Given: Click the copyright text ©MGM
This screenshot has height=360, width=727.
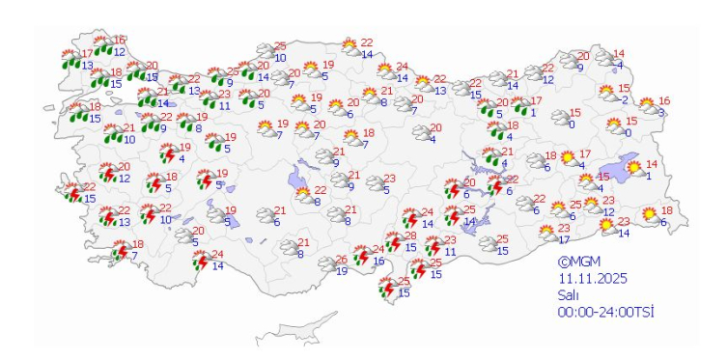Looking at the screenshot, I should click(578, 261).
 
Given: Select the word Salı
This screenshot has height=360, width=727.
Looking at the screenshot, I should click(569, 294).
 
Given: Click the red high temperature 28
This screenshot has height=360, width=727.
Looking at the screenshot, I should click(409, 236).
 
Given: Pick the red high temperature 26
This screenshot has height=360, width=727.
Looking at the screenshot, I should click(341, 260).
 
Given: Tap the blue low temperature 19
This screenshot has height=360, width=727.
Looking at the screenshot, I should click(341, 271).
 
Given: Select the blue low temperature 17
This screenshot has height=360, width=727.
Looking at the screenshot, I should click(564, 239).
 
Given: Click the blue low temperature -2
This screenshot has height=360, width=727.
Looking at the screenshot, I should click(625, 99).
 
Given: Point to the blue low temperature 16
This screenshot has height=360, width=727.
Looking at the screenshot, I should click(378, 262).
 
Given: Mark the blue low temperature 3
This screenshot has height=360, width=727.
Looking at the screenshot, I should click(662, 112).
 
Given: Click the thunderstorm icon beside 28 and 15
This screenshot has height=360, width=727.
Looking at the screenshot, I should click(394, 241).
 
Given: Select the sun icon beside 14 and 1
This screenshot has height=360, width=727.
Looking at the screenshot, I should click(634, 170).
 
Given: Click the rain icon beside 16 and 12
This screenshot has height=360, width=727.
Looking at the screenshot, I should click(103, 46).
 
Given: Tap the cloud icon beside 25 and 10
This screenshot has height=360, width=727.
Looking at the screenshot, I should click(265, 52).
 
